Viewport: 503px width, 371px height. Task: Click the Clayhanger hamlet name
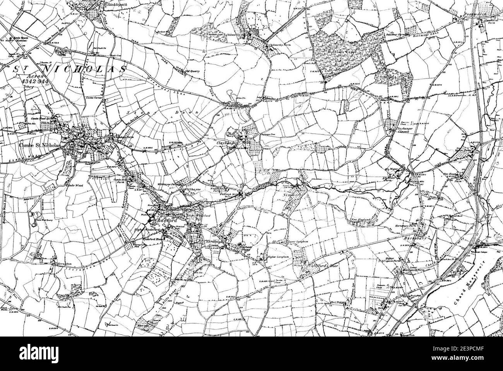click(x=228, y=143)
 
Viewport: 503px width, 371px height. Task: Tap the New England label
click(x=361, y=220)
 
